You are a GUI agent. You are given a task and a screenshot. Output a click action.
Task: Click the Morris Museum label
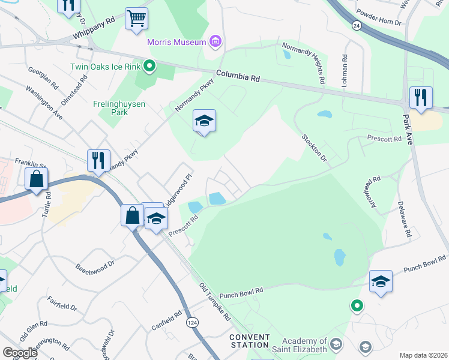177,43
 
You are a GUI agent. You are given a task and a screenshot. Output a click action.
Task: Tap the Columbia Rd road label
238,77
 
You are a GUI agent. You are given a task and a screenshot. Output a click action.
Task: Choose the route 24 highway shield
357,26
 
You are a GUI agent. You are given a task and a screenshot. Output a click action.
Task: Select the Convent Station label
249,341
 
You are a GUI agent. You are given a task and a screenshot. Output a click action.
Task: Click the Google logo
20,352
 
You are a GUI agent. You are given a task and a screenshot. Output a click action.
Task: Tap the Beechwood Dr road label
95,265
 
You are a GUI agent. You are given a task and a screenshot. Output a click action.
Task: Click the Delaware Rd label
403,218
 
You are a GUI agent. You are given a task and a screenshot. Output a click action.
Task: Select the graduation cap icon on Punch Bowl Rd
381,281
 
